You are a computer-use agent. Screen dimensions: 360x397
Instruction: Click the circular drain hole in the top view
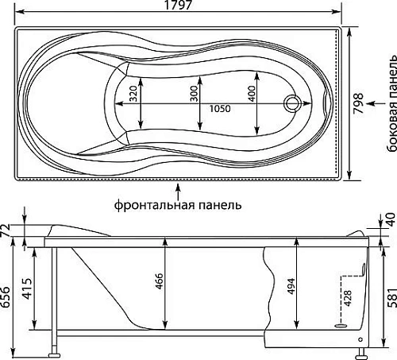coord(293,103)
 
